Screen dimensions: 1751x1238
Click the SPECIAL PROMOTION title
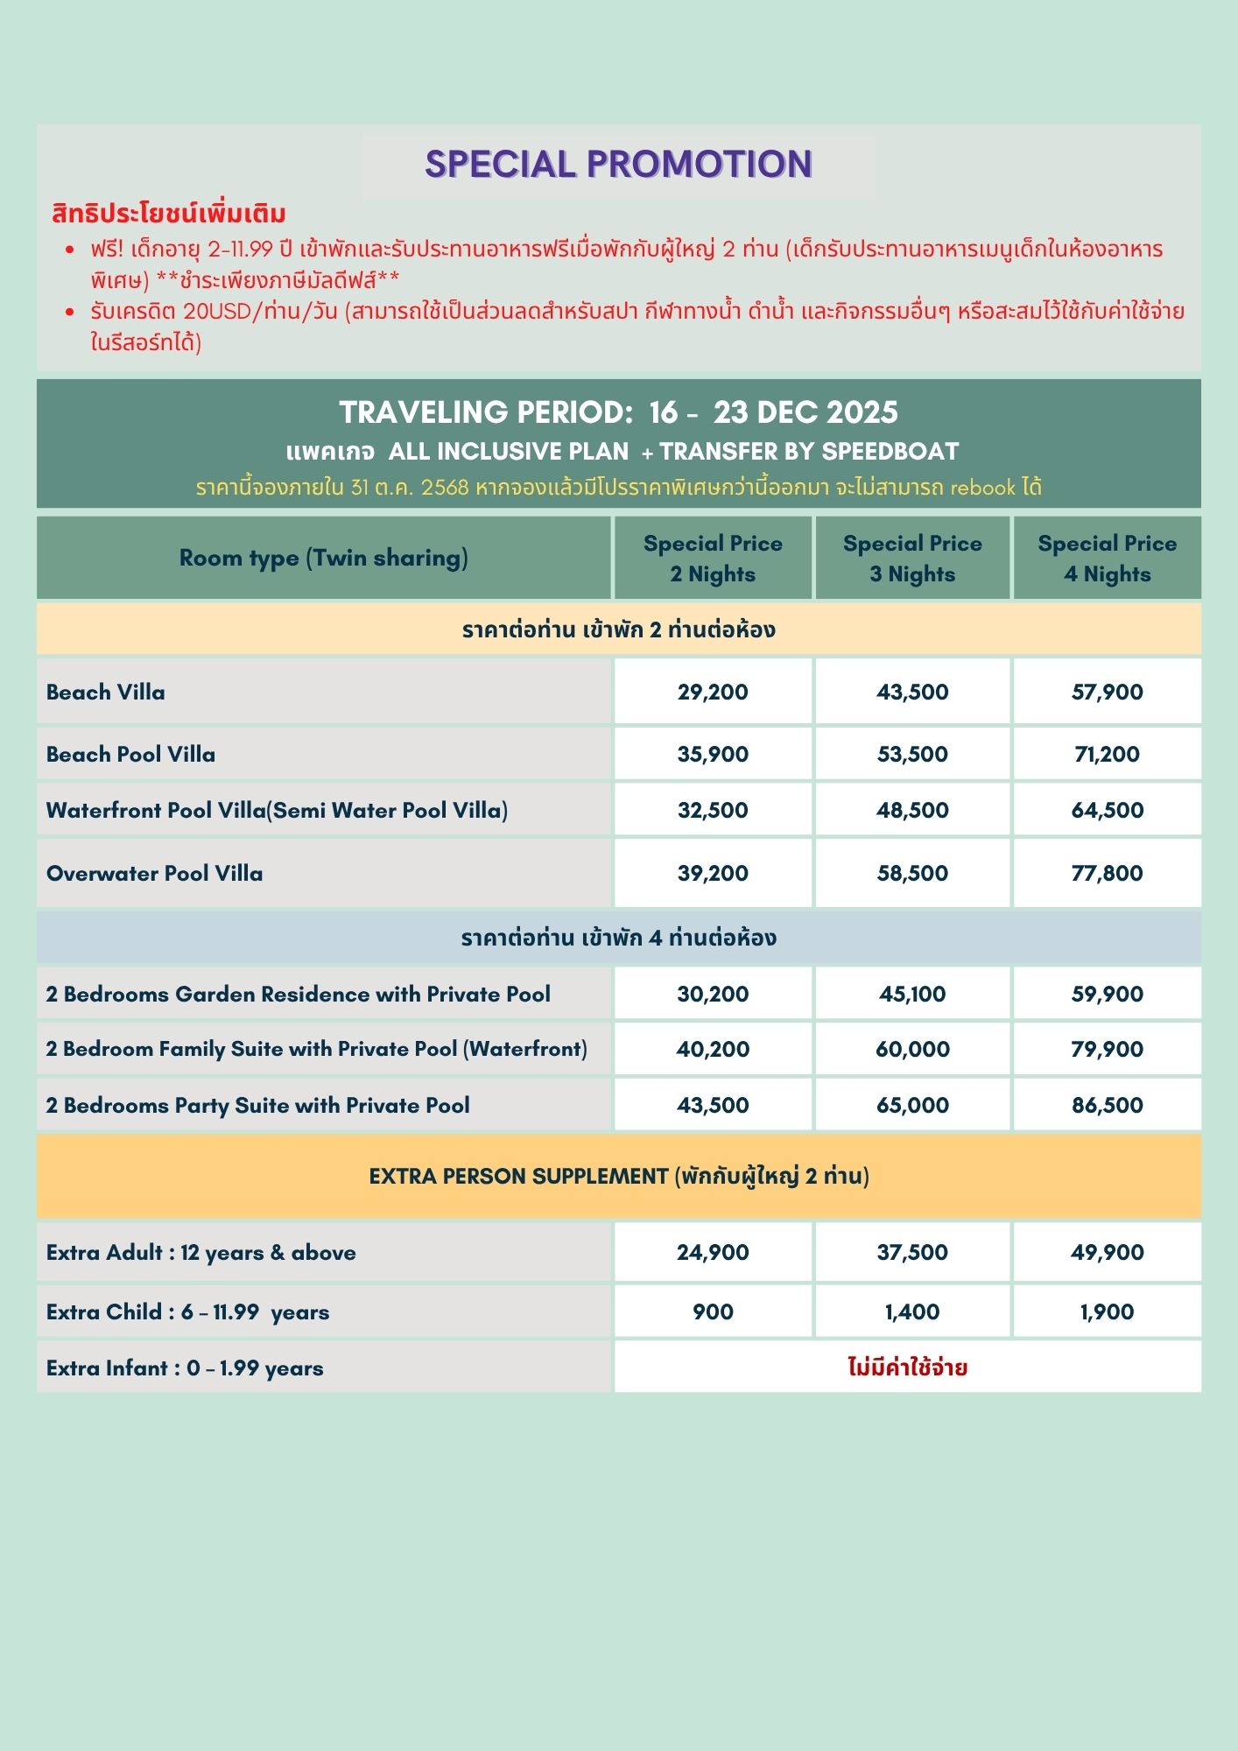tap(618, 165)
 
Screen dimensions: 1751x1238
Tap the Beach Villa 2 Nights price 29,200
tap(713, 692)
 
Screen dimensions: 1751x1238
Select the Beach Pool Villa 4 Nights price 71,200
tap(1107, 754)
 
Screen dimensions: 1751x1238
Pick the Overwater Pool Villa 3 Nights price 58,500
tap(912, 873)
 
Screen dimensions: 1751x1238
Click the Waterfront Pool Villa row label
tap(277, 810)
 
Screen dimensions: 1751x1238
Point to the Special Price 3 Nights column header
tap(912, 559)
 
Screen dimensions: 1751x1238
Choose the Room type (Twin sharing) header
tap(323, 558)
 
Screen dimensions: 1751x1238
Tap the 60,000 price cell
tap(912, 1049)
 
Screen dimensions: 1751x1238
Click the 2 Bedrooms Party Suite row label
tap(257, 1105)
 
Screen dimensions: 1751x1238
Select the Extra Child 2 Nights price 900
tap(713, 1311)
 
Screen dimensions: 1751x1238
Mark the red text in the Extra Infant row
tap(907, 1368)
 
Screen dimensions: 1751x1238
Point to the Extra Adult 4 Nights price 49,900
tap(1107, 1252)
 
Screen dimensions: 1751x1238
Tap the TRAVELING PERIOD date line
tap(618, 412)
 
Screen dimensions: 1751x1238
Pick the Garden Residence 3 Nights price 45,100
tap(912, 994)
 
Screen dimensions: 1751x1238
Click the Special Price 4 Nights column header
tap(1107, 559)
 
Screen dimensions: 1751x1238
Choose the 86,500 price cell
tap(1107, 1105)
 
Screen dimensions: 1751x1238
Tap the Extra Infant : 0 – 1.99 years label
tap(185, 1368)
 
